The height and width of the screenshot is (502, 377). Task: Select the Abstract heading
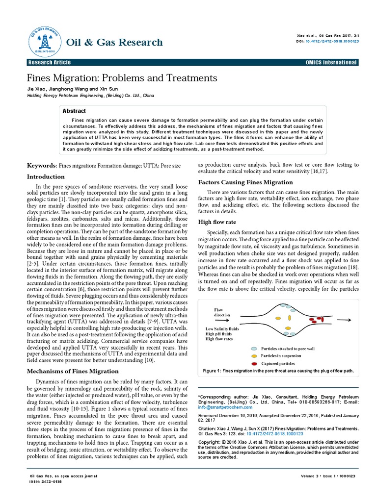coord(74,111)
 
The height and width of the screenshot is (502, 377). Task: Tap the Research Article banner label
coord(50,62)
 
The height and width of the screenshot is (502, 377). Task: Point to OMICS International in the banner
coord(331,62)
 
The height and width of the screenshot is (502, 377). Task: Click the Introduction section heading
coord(45,176)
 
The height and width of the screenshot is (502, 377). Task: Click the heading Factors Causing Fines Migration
coord(245,182)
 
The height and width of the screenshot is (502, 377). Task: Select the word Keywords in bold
coord(42,166)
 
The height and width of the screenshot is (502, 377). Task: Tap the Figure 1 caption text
coord(278,371)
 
